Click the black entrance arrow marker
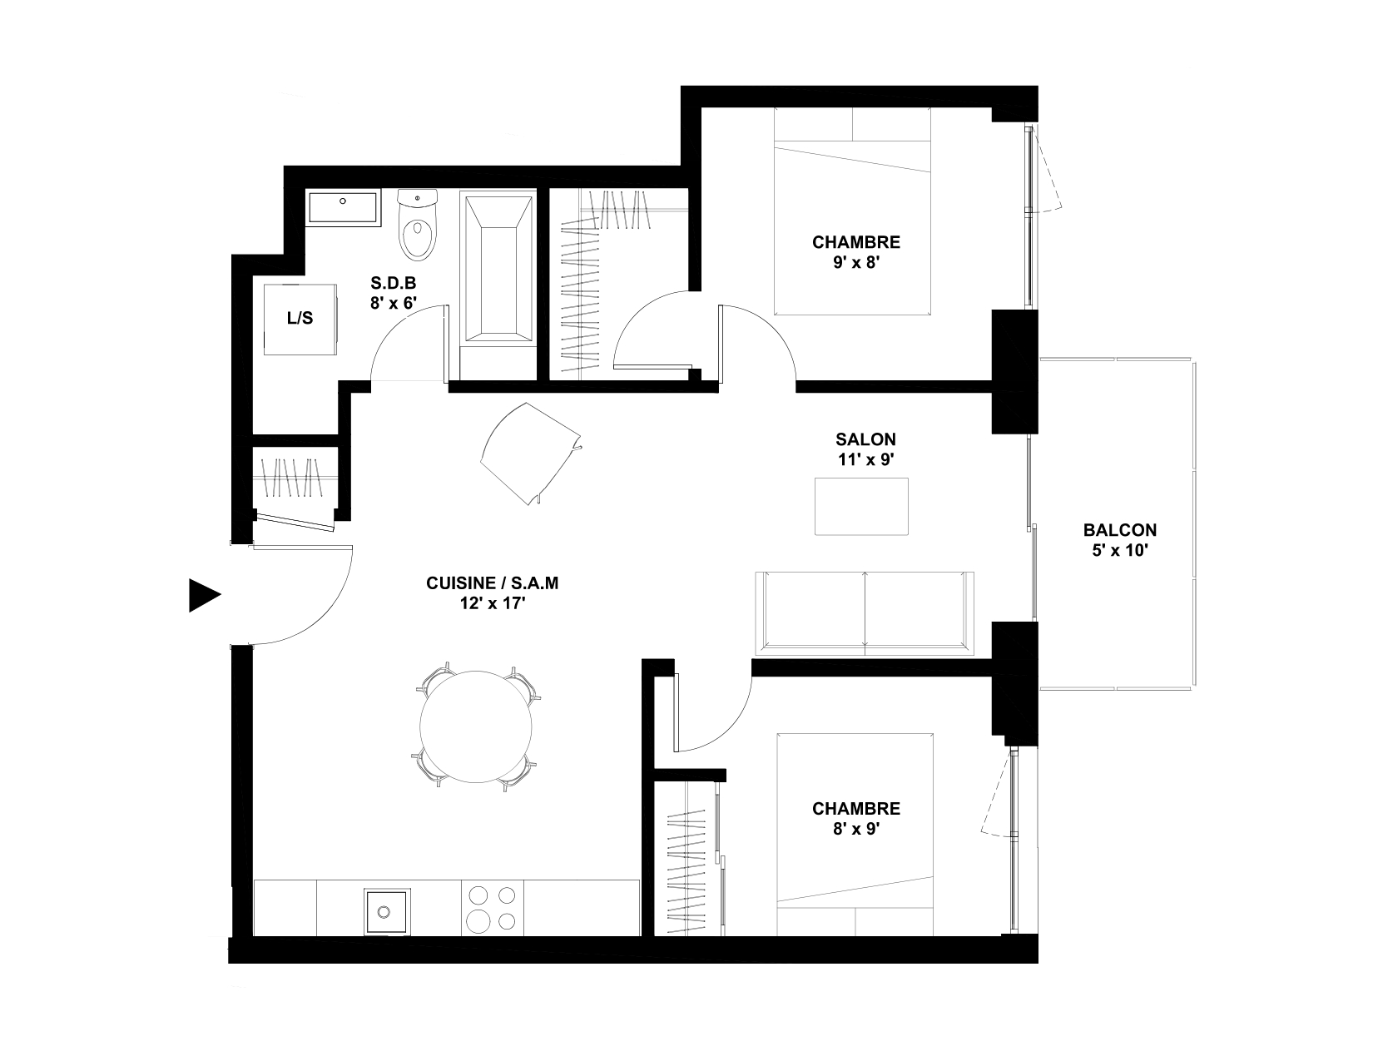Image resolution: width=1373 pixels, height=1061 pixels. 204,595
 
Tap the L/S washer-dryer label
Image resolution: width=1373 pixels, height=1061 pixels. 300,318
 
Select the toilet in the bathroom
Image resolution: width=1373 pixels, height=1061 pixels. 418,225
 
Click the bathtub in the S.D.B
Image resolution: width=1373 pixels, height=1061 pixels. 498,270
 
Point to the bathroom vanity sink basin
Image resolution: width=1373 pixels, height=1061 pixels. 343,208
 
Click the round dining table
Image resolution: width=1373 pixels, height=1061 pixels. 476,727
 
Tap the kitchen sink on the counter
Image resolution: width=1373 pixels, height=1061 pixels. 387,911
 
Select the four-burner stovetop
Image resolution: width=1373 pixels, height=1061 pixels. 493,908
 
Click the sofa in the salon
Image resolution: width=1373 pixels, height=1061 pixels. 865,613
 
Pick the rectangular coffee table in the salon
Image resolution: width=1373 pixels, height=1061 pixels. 861,506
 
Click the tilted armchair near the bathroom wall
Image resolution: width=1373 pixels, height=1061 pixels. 531,454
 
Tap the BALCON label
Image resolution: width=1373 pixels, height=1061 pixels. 1120,529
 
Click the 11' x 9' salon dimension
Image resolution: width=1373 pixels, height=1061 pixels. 865,459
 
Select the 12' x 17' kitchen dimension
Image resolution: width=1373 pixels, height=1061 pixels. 493,603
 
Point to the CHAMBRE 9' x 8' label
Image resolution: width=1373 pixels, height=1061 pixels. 856,252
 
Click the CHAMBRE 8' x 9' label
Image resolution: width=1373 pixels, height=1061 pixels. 856,819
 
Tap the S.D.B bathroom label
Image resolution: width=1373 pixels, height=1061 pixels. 394,283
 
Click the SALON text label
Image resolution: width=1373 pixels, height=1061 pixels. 865,439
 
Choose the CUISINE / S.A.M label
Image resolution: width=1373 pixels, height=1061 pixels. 493,583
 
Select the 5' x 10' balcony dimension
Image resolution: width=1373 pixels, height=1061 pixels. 1120,550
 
